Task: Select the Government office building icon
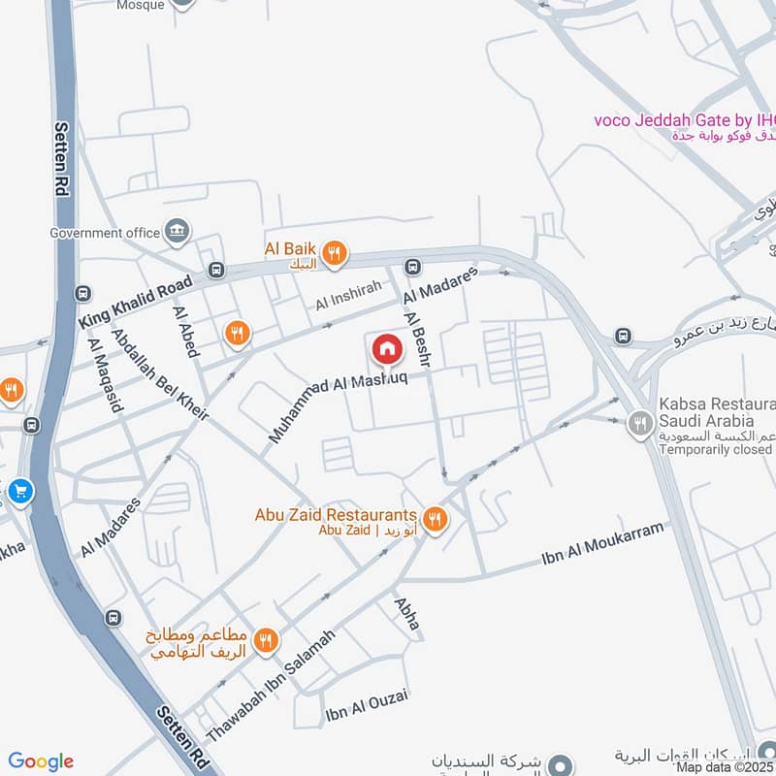coord(178,231)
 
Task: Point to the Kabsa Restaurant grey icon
coord(638,422)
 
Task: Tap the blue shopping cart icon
coord(19,492)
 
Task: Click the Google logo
coord(41,761)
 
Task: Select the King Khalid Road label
coord(136,302)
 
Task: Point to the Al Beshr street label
coord(418,335)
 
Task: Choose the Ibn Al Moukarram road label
coord(605,546)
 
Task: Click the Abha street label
coord(407,614)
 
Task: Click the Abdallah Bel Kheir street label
coord(160,373)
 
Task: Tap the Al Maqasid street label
coord(106,376)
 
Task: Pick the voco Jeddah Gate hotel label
coord(685,120)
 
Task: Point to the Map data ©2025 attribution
coord(726,767)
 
